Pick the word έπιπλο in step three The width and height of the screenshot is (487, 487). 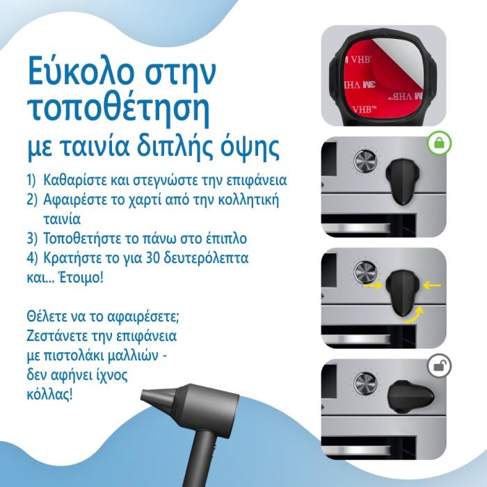point(226,239)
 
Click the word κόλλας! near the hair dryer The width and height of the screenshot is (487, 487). point(49,394)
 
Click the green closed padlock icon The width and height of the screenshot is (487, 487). point(439,143)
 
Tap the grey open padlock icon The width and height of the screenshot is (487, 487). point(439,366)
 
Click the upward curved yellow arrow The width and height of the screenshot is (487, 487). point(414,315)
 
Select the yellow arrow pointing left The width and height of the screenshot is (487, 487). point(432,285)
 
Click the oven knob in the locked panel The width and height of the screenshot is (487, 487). point(365,161)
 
